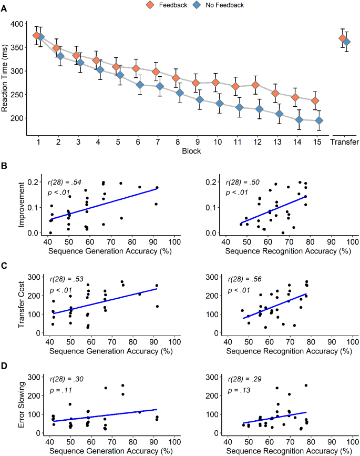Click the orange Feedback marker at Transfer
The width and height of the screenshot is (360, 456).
(342, 38)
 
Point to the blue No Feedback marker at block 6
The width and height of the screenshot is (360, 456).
(140, 85)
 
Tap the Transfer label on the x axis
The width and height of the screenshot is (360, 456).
(344, 142)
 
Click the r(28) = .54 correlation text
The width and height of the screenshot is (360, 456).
(66, 182)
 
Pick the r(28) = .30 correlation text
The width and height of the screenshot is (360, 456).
(66, 379)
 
